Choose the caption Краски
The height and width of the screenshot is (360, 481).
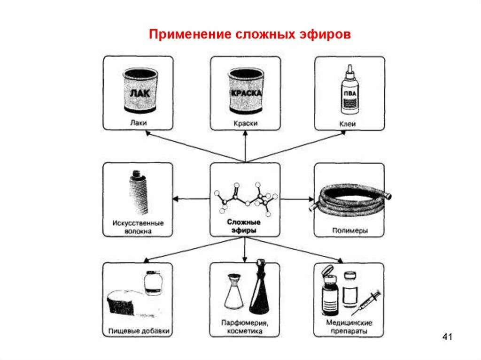coord(245,123)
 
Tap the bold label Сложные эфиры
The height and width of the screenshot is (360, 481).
coord(244,226)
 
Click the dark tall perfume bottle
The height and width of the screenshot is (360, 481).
coord(259,291)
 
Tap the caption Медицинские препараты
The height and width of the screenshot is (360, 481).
coord(349,327)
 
